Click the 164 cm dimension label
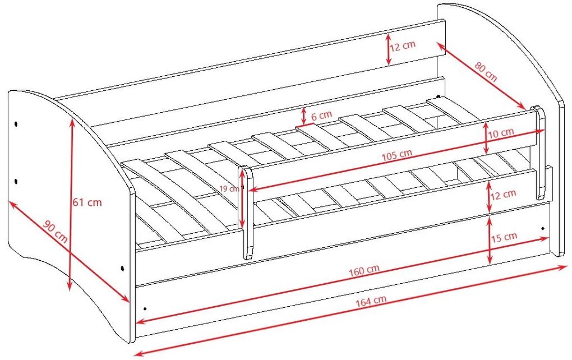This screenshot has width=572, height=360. [371, 301]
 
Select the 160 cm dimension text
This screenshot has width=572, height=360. [364, 270]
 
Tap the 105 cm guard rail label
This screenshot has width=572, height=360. [397, 155]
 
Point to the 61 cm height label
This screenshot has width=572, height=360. [87, 202]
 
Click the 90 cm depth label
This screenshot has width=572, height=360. [55, 232]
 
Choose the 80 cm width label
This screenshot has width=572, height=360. [486, 72]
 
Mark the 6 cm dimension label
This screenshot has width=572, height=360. [321, 116]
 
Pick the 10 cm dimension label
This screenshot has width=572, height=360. [501, 133]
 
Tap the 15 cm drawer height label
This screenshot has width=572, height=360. [504, 237]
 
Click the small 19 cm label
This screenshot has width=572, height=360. [229, 189]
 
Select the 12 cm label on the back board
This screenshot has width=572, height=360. [403, 45]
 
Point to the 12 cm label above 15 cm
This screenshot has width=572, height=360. [504, 195]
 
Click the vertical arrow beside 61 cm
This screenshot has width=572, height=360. [71, 205]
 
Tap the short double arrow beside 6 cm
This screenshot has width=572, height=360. [303, 117]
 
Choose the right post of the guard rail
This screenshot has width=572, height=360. [539, 153]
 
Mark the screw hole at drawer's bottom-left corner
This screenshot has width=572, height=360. [145, 308]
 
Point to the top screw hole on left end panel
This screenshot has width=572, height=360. [16, 124]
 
